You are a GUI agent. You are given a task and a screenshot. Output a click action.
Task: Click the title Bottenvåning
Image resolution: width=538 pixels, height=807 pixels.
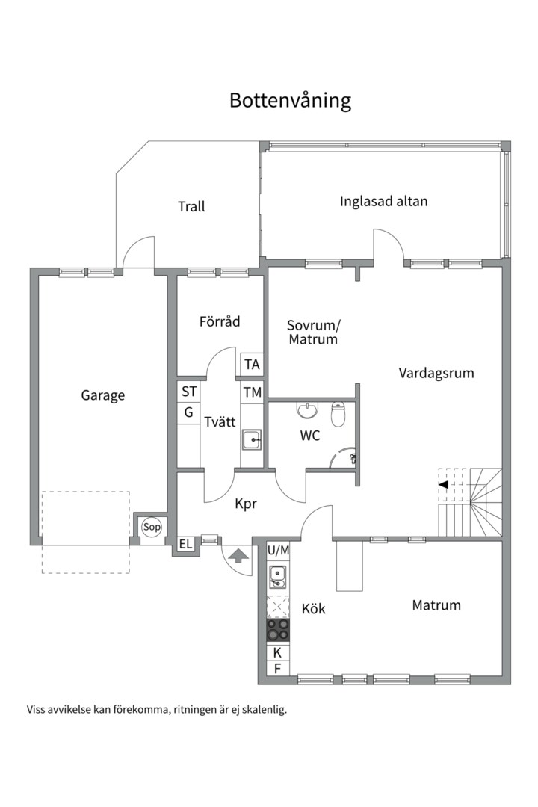(x=290, y=101)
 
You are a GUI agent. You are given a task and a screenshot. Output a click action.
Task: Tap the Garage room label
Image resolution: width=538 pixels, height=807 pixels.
(x=103, y=395)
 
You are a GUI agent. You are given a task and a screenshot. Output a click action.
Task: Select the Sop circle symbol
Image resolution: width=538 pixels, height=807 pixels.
(x=152, y=528)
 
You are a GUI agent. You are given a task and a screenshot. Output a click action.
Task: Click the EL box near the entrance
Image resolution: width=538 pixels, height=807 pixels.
(x=185, y=545)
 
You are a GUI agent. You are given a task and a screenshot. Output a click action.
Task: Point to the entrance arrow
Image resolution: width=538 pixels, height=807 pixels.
(x=238, y=555)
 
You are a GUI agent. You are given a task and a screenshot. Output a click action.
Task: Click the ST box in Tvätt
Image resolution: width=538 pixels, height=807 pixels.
(x=189, y=391)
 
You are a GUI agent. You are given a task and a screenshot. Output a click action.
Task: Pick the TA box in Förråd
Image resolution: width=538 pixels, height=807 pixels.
(x=252, y=365)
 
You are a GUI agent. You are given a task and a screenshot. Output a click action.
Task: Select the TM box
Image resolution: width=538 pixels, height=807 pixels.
(x=252, y=392)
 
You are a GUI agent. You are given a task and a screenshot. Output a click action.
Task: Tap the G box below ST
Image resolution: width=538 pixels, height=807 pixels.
(x=189, y=412)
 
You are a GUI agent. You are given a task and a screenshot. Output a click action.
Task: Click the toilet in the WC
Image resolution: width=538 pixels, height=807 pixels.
(x=338, y=414)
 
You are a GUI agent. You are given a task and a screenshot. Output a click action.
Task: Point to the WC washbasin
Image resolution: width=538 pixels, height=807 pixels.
(x=307, y=410)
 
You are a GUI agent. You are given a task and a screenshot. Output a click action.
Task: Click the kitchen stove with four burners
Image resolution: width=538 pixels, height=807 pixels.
(x=279, y=630)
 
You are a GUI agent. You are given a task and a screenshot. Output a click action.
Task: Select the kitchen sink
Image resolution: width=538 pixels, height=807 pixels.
(x=278, y=577)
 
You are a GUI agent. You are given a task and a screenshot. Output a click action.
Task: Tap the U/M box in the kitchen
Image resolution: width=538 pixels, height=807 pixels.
(x=278, y=550)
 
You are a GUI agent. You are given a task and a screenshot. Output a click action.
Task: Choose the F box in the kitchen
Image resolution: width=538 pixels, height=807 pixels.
(x=277, y=669)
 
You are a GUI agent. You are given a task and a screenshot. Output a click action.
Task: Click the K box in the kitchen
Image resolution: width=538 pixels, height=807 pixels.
(x=277, y=652)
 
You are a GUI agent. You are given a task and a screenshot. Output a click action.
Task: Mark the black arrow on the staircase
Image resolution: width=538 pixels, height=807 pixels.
(x=443, y=485)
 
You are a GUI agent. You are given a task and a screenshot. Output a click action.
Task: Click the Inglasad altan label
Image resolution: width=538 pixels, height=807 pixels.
(x=383, y=201)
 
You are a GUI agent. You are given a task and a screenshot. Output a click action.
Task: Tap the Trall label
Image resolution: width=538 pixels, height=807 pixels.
(x=191, y=206)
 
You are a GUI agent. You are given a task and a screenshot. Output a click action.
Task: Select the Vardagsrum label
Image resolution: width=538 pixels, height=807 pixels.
(x=436, y=373)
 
